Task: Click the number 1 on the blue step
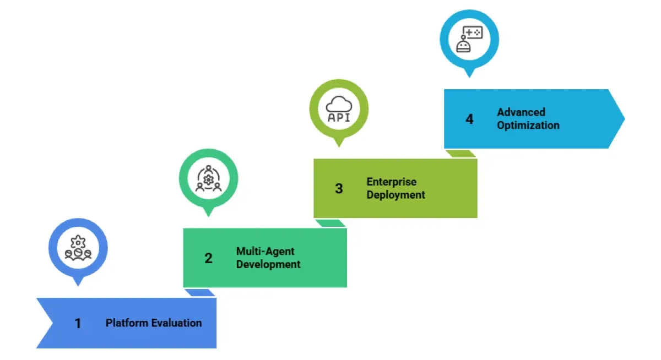click(x=78, y=324)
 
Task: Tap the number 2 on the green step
click(x=208, y=258)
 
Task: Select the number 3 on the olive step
click(x=339, y=188)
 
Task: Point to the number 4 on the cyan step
click(x=469, y=119)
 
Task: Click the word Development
click(x=268, y=264)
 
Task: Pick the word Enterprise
click(x=392, y=182)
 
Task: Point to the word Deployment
click(x=396, y=195)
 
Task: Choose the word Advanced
click(x=521, y=112)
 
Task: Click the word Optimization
click(x=528, y=126)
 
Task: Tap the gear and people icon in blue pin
click(x=78, y=248)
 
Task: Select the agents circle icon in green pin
click(x=208, y=178)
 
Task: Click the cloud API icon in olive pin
click(x=339, y=109)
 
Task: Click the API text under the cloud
click(x=339, y=117)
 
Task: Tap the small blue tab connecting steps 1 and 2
click(x=199, y=293)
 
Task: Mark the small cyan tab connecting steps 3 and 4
click(x=460, y=154)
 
